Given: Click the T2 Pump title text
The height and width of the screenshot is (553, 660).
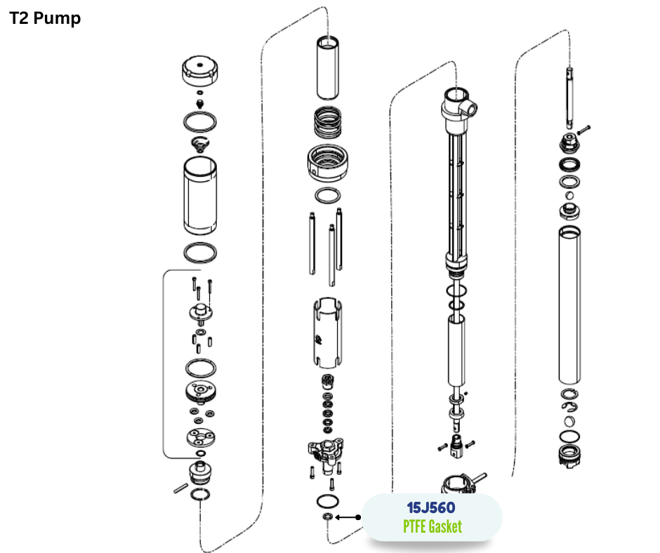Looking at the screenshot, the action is coord(45,18).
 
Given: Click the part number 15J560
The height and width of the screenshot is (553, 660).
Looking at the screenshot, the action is coord(431,507).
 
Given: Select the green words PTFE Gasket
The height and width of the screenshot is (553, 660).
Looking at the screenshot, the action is coord(433,526).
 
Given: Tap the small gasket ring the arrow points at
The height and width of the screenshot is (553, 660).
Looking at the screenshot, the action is coord(328,517).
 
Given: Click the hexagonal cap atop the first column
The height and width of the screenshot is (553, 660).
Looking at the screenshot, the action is coord(200,70).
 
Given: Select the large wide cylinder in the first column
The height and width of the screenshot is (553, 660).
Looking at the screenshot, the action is coord(200,196).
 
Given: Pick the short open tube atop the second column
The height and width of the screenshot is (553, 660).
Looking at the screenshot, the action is coord(328,68).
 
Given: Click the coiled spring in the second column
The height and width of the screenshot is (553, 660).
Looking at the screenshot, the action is coord(328,123).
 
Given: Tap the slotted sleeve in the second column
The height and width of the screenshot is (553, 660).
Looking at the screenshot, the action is coord(327,333).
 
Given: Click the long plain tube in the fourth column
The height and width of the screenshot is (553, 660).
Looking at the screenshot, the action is coord(569,305).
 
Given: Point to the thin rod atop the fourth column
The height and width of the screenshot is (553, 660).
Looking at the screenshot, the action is coord(569,98).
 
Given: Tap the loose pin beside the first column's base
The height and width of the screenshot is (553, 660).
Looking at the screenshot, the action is coord(181,488).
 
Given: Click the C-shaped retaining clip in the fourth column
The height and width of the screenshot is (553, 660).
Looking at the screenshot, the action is coord(569,407).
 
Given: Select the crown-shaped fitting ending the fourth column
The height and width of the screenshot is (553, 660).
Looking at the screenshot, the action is coord(570,456).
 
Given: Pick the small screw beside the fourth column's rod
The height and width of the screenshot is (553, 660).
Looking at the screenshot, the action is coord(583,130).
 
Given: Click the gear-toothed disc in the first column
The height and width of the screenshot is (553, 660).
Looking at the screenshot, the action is coord(201,392).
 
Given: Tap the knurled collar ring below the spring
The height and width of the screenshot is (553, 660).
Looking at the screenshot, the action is coord(327,162).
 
